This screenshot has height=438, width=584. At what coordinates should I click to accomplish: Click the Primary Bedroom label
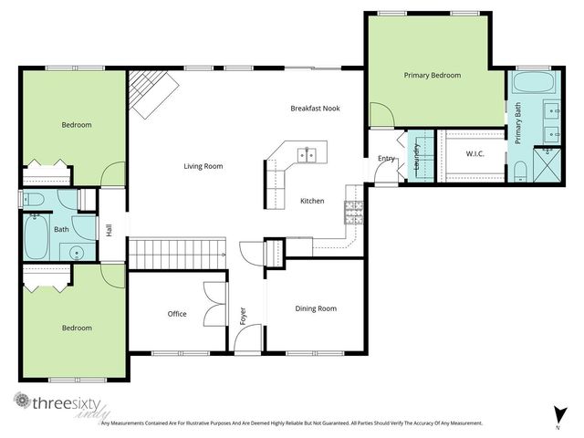point(432,75)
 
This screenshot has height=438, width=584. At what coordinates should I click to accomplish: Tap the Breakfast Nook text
point(315,108)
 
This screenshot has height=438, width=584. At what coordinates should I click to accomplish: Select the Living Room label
point(203,166)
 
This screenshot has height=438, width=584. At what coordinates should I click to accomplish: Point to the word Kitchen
point(312,201)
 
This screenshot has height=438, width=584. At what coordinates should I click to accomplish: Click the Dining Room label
point(316,308)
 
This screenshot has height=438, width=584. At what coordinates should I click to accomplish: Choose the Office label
point(177,314)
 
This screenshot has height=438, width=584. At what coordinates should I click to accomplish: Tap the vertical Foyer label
point(243,316)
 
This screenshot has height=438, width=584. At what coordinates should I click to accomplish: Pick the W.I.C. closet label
point(474,154)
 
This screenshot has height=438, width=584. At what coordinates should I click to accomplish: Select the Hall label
point(109,231)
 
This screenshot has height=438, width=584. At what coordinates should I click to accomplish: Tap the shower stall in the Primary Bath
point(546,170)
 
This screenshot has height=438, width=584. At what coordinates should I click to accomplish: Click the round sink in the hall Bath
point(78,254)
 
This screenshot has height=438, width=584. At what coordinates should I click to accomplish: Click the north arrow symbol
point(557,413)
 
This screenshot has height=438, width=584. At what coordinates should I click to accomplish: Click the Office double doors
point(214,302)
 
